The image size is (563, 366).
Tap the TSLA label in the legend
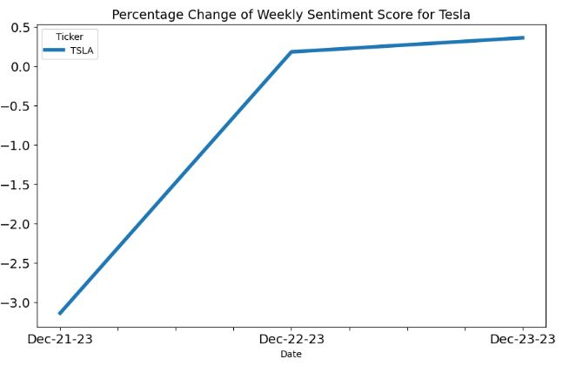point(82,51)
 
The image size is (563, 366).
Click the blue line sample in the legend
point(55,51)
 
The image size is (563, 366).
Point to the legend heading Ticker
point(70,37)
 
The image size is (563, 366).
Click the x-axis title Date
point(291,355)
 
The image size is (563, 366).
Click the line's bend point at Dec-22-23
point(292,52)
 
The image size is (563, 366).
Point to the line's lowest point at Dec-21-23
point(59,314)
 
